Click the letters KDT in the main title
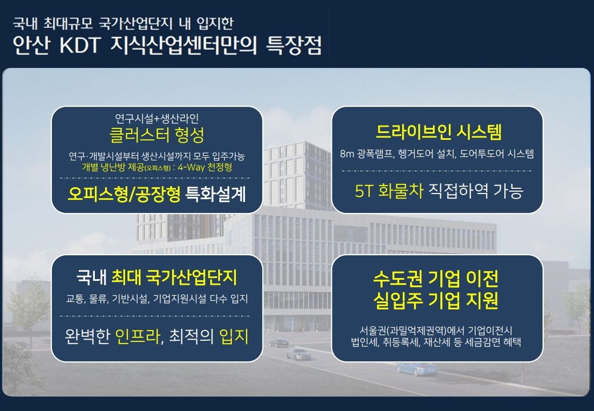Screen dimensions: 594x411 (x=79, y=45)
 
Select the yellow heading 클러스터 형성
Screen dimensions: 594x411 (x=157, y=134)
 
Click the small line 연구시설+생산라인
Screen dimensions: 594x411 (x=157, y=119)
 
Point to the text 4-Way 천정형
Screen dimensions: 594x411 (x=205, y=167)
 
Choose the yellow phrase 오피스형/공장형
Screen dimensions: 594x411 (x=124, y=194)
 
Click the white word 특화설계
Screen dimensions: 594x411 (x=215, y=194)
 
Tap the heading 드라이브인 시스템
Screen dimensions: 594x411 (x=439, y=132)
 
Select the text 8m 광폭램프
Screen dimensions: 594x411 (x=367, y=154)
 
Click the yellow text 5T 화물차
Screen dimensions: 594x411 (x=389, y=191)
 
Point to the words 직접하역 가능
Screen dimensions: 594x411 (x=476, y=191)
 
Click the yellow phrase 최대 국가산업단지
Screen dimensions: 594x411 (x=174, y=277)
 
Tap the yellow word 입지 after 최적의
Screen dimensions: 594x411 (x=234, y=336)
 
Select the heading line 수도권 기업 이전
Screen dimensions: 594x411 (x=436, y=279)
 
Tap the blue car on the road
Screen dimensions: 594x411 (x=416, y=368)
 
